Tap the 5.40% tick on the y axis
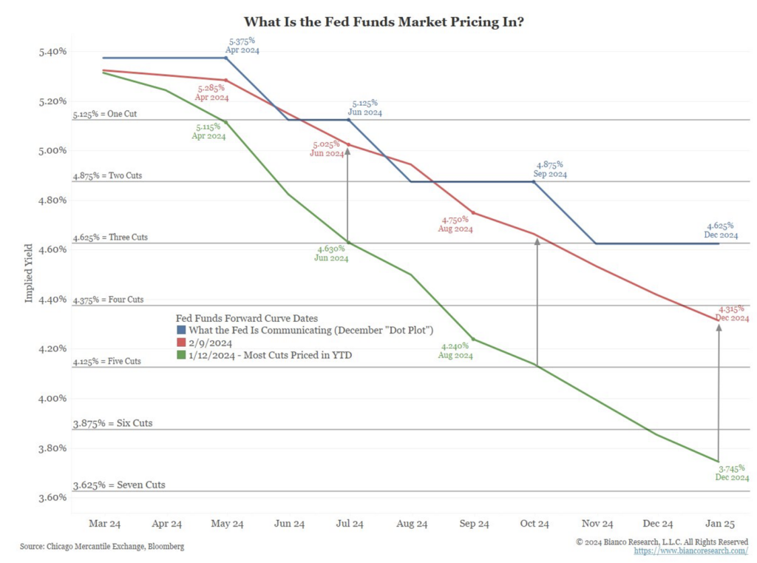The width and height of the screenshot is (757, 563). (x=50, y=52)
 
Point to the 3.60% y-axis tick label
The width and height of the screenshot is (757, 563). (x=50, y=498)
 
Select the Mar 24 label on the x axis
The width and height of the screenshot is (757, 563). (x=104, y=524)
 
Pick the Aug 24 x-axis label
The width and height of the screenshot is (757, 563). (x=411, y=524)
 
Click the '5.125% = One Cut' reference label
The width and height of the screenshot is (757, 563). (x=105, y=115)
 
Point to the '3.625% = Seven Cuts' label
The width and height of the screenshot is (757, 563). (x=119, y=485)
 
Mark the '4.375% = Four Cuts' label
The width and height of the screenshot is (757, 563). (x=108, y=300)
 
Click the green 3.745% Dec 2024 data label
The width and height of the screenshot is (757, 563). (x=732, y=473)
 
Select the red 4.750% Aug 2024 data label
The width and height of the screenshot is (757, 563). (x=457, y=225)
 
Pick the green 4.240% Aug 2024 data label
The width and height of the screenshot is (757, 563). (x=455, y=351)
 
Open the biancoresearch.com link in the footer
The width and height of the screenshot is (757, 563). (x=690, y=551)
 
